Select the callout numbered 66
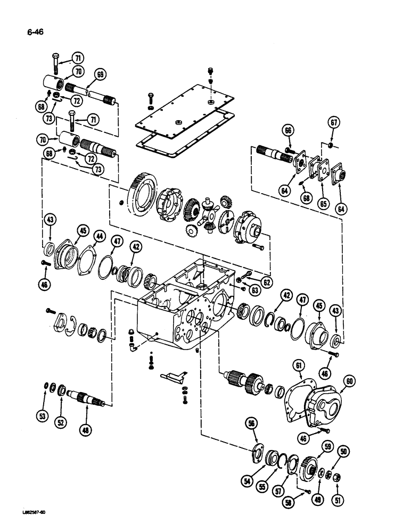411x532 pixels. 287,130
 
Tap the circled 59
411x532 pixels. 326,448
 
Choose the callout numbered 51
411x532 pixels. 337,500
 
